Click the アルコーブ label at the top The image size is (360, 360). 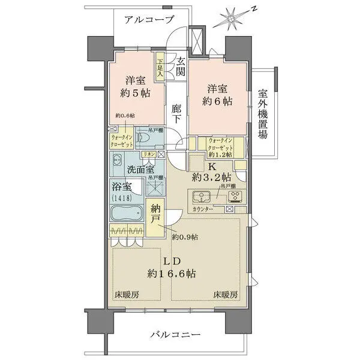click(149, 19)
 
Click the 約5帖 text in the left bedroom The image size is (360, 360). click(134, 94)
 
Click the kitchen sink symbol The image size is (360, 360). click(200, 196)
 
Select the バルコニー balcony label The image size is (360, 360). click(175, 334)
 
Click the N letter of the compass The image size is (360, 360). click(254, 9)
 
